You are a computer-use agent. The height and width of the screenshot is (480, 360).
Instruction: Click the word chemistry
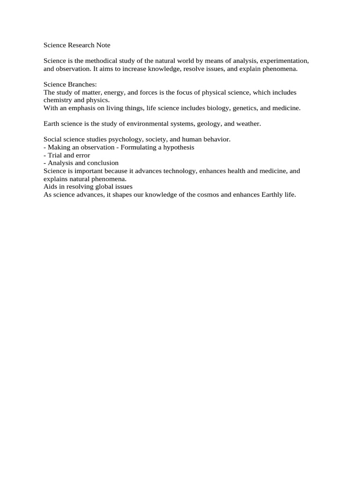click(x=58, y=100)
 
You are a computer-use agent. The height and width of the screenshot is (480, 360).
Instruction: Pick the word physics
click(x=97, y=100)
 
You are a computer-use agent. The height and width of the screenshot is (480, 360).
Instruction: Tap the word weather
click(x=248, y=124)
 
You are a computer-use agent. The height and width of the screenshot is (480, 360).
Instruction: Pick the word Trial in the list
click(x=55, y=155)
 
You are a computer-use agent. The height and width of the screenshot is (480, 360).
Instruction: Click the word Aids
click(x=50, y=187)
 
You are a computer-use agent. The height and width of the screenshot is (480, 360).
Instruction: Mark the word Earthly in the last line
click(x=271, y=195)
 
